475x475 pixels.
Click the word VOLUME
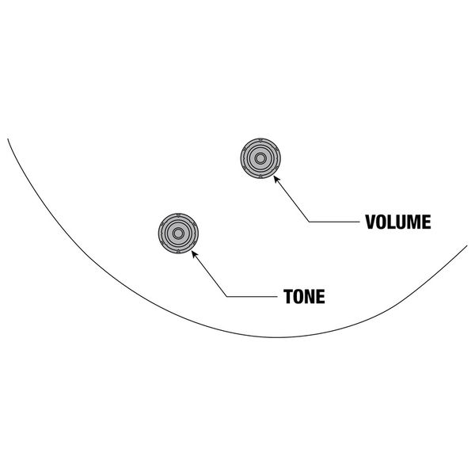(x=397, y=222)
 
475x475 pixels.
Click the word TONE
(x=305, y=297)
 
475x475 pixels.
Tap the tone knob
(x=177, y=234)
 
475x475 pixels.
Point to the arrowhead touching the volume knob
(x=275, y=178)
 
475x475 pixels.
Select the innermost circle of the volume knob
(x=259, y=159)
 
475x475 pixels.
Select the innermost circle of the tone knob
(x=177, y=234)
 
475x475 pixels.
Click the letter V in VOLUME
(x=370, y=222)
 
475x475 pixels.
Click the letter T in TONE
(x=288, y=297)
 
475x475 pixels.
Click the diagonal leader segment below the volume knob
(x=291, y=199)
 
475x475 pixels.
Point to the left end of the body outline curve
(x=8, y=139)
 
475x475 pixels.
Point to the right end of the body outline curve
(x=467, y=245)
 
